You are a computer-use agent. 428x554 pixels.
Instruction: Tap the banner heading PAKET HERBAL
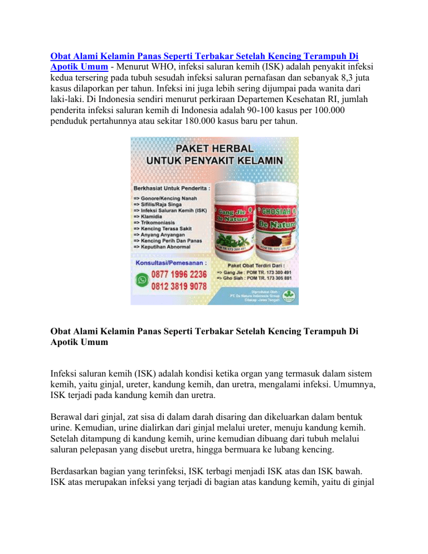[214, 149]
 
